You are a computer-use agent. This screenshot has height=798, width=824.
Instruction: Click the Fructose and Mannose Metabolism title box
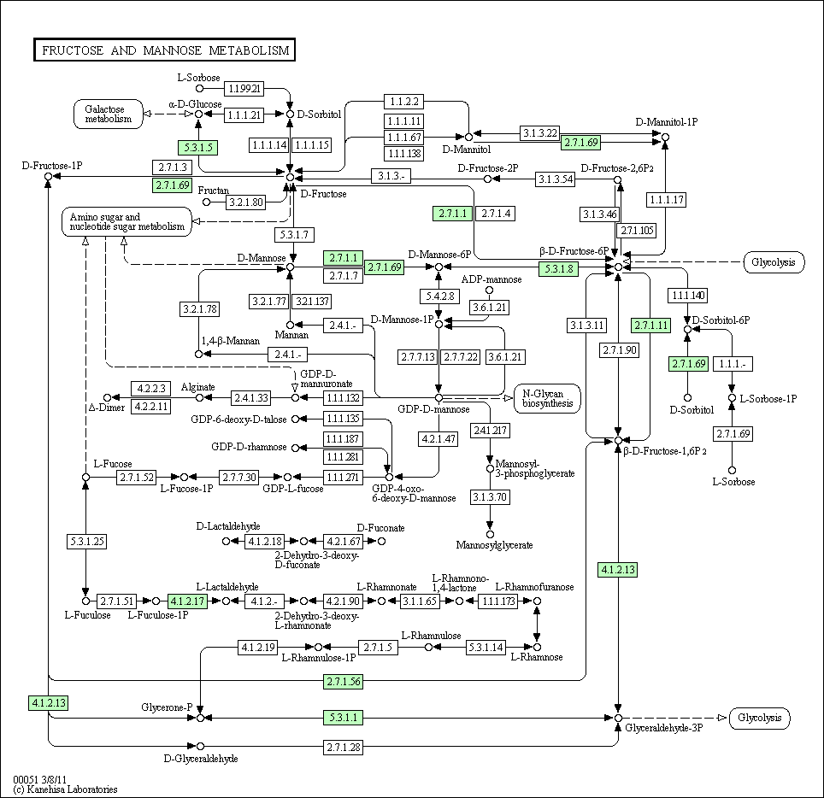[164, 50]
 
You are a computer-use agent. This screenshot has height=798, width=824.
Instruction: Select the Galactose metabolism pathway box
[109, 114]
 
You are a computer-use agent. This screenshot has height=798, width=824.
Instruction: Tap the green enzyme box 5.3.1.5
[198, 148]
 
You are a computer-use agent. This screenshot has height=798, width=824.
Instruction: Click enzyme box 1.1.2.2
[404, 102]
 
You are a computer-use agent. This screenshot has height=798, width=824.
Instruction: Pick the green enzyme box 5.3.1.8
[559, 269]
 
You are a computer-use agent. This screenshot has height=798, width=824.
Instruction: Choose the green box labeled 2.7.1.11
[651, 326]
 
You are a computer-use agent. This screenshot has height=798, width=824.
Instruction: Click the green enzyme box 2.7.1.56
[343, 681]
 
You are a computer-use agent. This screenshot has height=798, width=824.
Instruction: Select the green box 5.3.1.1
[343, 717]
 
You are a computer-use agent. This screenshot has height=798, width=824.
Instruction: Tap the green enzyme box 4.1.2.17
[187, 601]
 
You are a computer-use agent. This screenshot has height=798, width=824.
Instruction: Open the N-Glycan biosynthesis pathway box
[548, 399]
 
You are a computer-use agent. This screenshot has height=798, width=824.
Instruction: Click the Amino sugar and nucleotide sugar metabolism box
[127, 221]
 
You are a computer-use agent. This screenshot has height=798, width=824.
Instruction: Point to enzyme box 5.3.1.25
[87, 541]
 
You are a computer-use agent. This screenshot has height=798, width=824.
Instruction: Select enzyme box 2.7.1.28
[343, 747]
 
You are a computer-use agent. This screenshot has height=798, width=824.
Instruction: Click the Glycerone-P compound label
[168, 707]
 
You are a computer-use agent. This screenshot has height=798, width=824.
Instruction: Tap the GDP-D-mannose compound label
[433, 409]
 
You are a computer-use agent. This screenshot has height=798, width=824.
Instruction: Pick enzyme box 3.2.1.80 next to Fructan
[246, 202]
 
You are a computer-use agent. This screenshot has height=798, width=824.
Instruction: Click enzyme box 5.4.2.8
[440, 296]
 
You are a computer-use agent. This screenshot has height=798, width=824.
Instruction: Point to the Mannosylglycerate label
[495, 545]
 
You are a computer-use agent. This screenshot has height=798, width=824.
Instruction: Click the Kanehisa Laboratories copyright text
[65, 789]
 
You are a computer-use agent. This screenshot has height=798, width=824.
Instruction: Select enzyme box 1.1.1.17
[667, 200]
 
